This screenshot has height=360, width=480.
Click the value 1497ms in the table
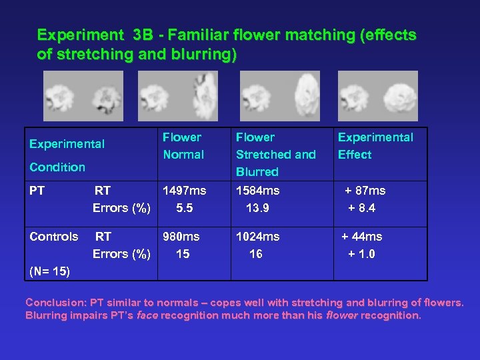(x=185, y=191)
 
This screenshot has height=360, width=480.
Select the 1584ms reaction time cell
(x=258, y=191)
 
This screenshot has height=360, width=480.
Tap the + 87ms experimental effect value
(x=365, y=191)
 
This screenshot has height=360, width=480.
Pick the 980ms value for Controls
(x=181, y=237)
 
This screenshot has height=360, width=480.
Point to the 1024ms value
(x=258, y=237)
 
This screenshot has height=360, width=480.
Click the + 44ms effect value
(x=362, y=237)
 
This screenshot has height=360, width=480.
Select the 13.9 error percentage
(x=257, y=208)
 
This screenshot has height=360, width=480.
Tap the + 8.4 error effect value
(x=362, y=208)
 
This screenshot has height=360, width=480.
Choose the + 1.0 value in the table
(x=362, y=254)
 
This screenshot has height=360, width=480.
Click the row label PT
(x=37, y=191)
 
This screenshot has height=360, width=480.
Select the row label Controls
(x=54, y=237)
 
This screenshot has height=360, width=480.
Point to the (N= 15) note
(x=49, y=271)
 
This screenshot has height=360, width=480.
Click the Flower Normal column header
(x=183, y=145)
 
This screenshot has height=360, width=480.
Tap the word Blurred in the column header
(x=257, y=172)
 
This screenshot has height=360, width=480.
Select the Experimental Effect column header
(x=375, y=145)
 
